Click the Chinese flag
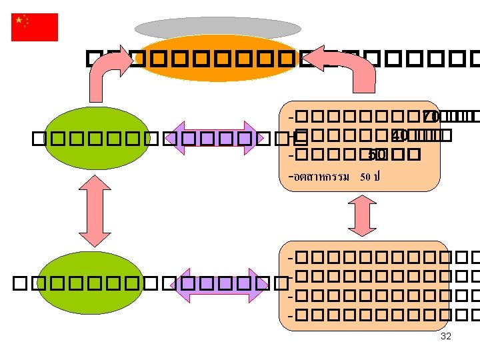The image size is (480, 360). [x=35, y=27]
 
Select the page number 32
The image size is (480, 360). [x=446, y=336]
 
